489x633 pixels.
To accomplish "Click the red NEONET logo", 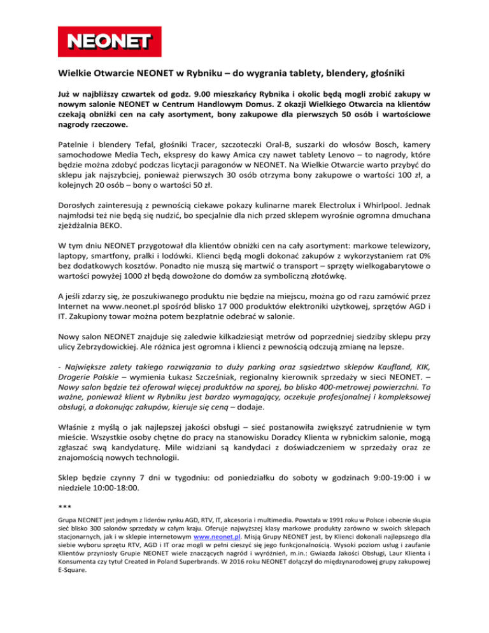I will pyautogui.click(x=104, y=40).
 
